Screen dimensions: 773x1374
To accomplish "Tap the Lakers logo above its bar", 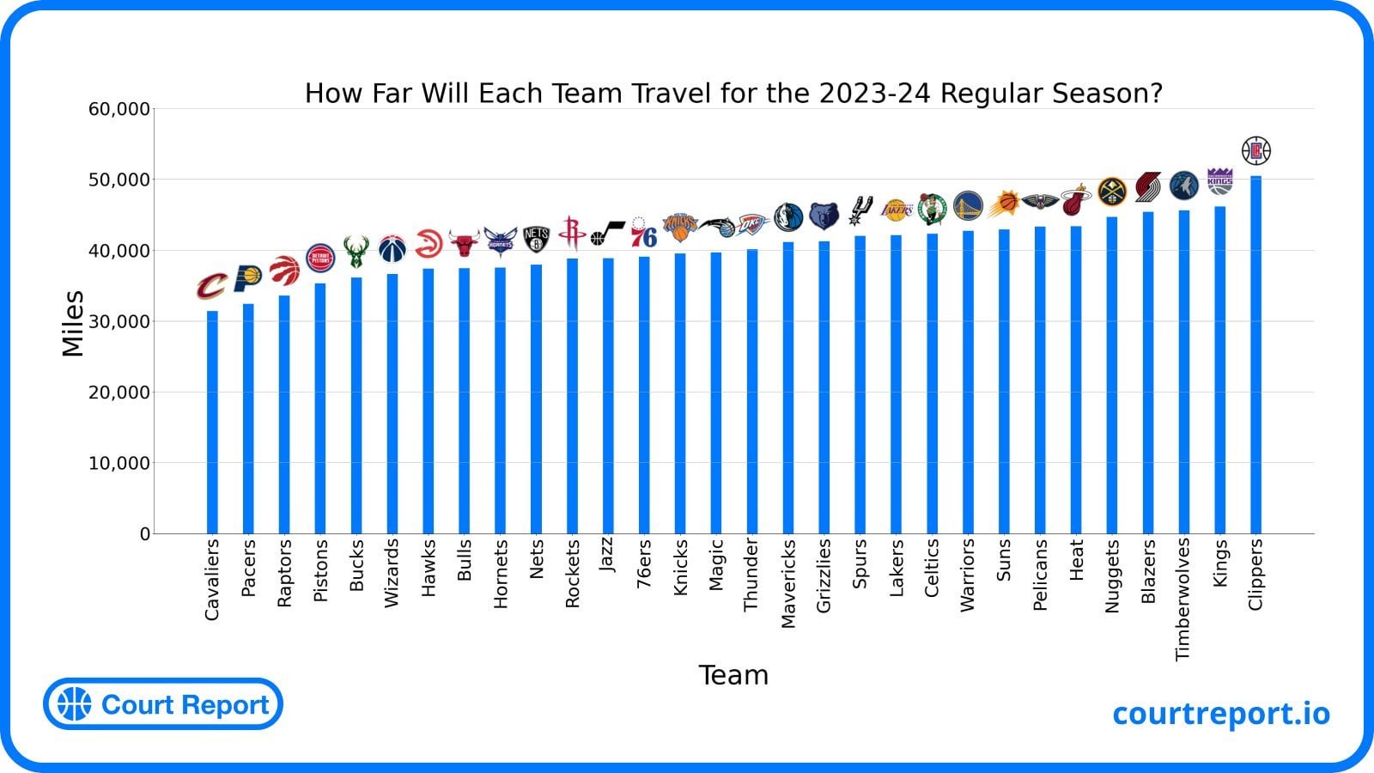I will (897, 209).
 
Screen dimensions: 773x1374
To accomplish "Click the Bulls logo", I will (464, 244).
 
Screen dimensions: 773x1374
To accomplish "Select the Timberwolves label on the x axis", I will (1183, 599).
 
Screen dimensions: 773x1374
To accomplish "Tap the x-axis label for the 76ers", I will (644, 564).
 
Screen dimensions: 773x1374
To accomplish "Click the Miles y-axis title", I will (73, 323).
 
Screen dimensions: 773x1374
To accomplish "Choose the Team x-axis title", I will (733, 675).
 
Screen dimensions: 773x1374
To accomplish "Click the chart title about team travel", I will (733, 93).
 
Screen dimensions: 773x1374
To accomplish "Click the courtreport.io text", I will (1220, 713).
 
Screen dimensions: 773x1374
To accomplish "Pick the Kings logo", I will (1219, 180).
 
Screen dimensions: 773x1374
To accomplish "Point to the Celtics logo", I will (932, 209).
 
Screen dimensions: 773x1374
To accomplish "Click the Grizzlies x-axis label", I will (824, 575).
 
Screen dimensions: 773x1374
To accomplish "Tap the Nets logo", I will (536, 239).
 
